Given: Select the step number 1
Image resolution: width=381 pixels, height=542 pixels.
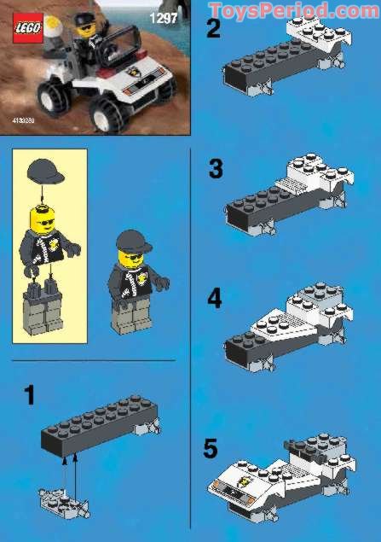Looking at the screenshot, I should click(29, 395).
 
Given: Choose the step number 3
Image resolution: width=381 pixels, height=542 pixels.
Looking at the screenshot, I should click(216, 169).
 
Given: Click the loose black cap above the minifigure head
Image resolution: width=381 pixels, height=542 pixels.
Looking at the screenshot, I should click(45, 173).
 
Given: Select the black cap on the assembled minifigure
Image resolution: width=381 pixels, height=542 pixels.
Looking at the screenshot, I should click(131, 241).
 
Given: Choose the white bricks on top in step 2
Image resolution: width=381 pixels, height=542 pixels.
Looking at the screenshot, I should click(320, 35).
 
